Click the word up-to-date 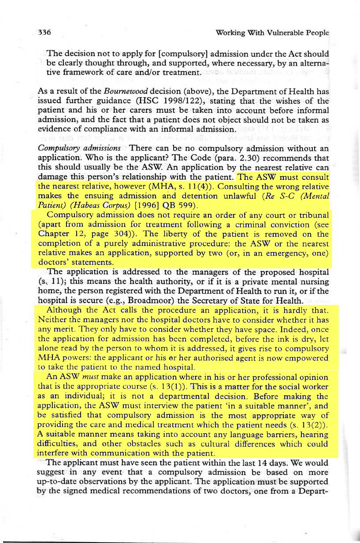[x=60, y=482]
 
